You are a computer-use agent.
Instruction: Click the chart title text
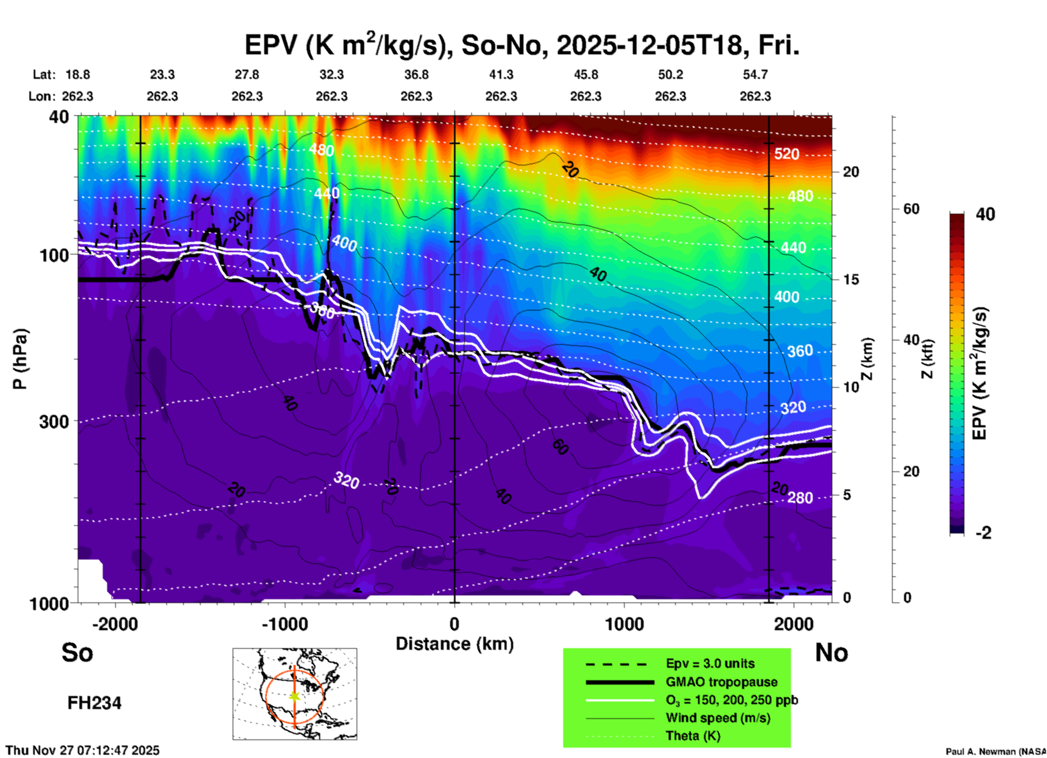(x=522, y=45)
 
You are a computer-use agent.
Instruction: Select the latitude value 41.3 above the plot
(x=501, y=74)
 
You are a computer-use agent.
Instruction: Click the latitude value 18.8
(x=78, y=74)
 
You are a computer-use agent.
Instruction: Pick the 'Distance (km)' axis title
(x=454, y=644)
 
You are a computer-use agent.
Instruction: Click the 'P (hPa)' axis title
(x=20, y=359)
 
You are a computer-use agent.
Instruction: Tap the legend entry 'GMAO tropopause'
(x=721, y=682)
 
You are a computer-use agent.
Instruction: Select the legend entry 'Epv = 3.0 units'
(x=710, y=663)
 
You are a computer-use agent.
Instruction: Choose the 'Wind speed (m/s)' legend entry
(x=718, y=718)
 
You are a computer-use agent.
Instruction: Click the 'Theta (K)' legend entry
(x=693, y=736)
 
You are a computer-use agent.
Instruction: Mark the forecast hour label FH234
(x=94, y=703)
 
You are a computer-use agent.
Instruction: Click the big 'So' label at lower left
(x=77, y=653)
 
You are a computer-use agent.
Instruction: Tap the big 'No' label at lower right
(x=831, y=653)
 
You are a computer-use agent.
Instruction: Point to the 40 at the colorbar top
(x=985, y=214)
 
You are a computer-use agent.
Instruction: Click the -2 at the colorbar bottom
(x=983, y=533)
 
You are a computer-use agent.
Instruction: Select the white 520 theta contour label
(x=787, y=154)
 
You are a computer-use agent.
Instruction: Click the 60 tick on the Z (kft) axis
(x=911, y=209)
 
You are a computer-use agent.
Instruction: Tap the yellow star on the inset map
(x=295, y=696)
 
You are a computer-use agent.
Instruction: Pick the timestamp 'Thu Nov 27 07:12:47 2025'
(x=83, y=750)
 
